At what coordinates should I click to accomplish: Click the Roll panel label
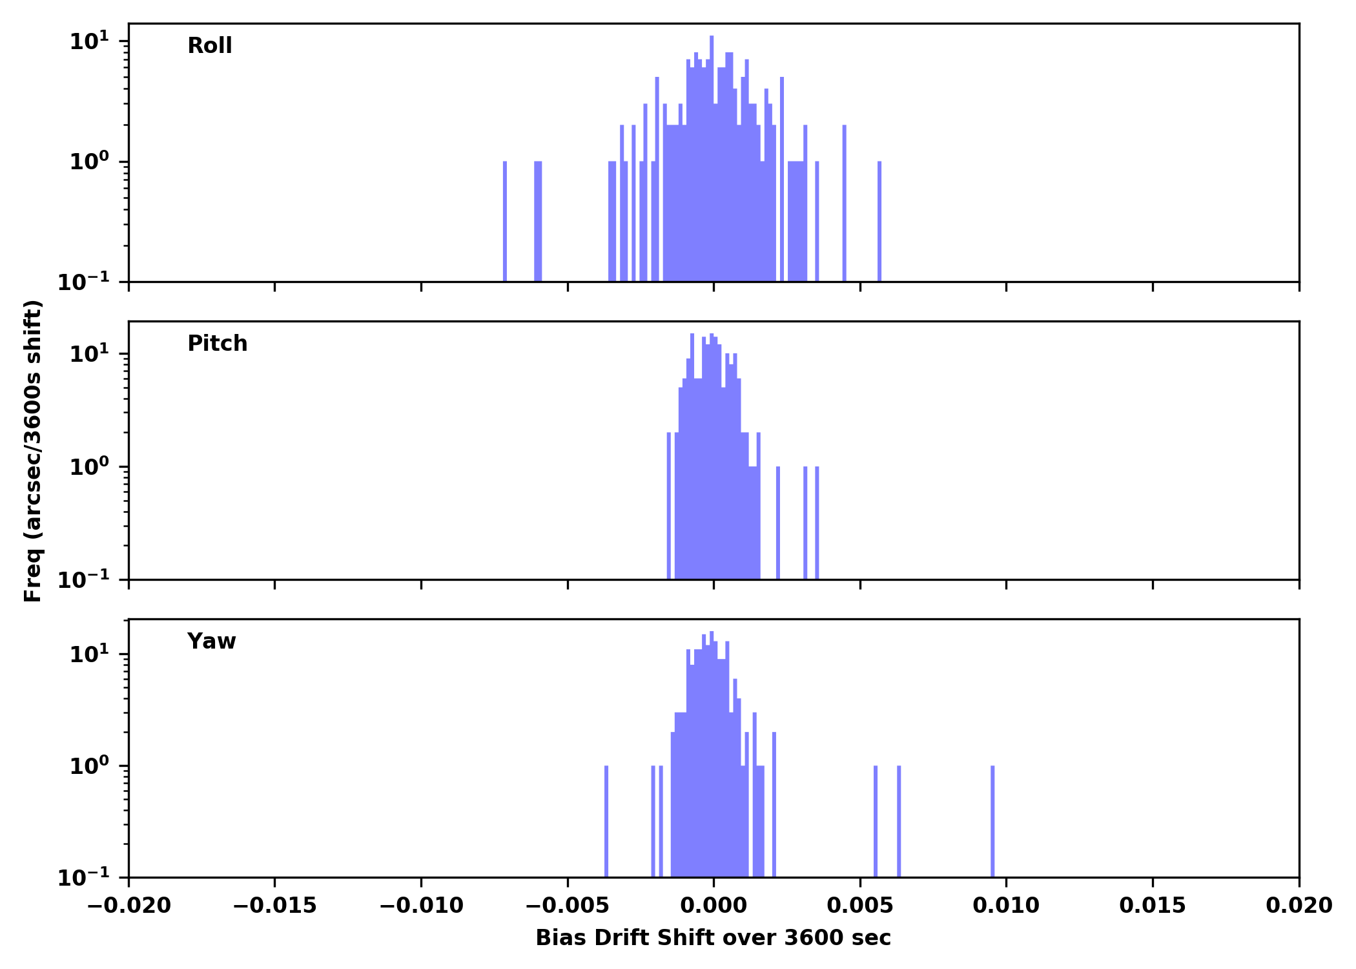[209, 46]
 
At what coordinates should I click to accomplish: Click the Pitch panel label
[217, 344]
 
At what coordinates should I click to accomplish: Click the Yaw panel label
[211, 641]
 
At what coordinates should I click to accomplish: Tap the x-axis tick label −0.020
[128, 906]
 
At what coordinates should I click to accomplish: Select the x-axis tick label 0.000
[714, 906]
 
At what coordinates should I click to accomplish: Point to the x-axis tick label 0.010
[1006, 906]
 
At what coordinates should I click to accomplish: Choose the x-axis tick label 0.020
[1299, 906]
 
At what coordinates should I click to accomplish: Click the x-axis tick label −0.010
[421, 906]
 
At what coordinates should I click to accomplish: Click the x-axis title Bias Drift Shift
[713, 938]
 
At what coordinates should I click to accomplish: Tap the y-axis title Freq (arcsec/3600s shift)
[33, 451]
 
